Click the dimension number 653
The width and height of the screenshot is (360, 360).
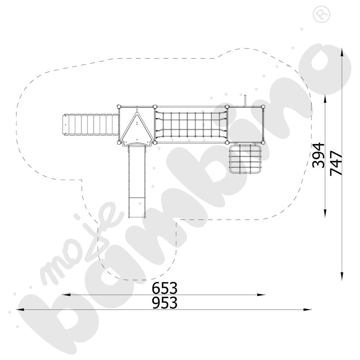pos(165,288)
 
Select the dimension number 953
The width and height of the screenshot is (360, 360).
pos(165,303)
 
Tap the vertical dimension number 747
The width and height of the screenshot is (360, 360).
pos(336,163)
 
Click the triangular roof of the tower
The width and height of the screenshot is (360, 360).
pos(136,128)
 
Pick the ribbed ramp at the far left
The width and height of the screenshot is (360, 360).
pos(90,125)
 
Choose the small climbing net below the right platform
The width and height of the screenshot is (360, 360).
pos(246,159)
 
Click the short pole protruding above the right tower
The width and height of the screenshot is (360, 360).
pos(245,100)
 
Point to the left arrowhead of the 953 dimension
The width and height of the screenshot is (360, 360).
pos(19,309)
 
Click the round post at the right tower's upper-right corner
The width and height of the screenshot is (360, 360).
pos(264,107)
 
